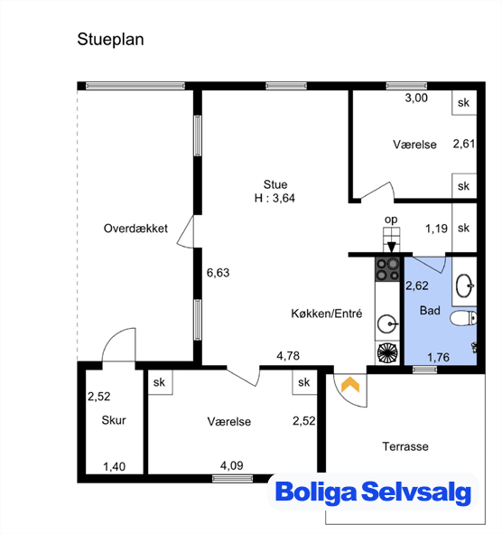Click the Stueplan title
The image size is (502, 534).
tap(111, 40)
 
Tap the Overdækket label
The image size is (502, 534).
tap(135, 229)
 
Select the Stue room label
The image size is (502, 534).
tap(275, 184)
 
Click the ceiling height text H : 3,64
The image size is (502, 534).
tap(274, 198)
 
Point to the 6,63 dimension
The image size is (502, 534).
tap(218, 273)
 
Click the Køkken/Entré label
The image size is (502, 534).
tap(326, 314)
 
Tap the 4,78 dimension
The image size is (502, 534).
tap(288, 356)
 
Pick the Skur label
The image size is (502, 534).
tap(114, 420)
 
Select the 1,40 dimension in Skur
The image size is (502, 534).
tap(115, 466)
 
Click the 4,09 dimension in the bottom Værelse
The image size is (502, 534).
tap(232, 465)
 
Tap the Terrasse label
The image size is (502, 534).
tap(405, 446)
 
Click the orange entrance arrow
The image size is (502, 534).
tap(350, 385)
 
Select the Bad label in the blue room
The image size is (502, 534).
tap(430, 311)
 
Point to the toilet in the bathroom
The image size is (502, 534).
tap(463, 319)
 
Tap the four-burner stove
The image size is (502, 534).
tap(387, 269)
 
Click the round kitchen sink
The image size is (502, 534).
tap(387, 323)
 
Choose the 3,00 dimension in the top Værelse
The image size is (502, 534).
tap(416, 98)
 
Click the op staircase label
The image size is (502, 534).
tap(391, 220)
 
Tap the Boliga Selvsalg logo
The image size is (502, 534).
tap(373, 492)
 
